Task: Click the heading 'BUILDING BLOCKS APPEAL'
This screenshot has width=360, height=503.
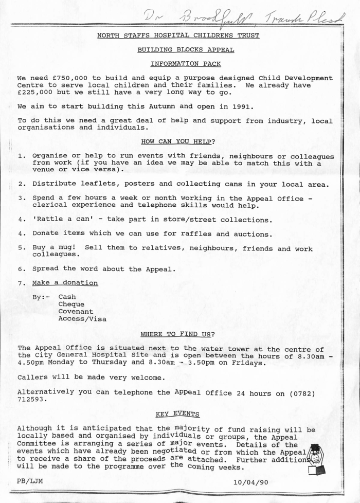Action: tap(186, 50)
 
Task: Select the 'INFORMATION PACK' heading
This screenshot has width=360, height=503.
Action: tap(186, 64)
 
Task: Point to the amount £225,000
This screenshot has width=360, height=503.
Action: tap(34, 93)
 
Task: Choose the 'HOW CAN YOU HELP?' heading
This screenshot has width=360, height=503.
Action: tap(178, 142)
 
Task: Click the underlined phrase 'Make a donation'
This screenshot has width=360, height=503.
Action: tap(65, 283)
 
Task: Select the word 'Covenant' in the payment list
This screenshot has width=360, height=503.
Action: tap(76, 312)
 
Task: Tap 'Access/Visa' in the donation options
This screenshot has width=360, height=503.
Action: tap(82, 319)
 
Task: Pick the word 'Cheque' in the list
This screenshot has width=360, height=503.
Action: tap(71, 304)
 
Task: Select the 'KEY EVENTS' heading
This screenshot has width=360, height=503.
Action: tap(178, 415)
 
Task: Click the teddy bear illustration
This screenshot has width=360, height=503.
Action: tap(315, 459)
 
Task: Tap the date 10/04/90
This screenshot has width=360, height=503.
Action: tap(250, 482)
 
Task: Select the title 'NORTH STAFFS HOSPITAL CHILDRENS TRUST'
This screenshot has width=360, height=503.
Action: tap(178, 35)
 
